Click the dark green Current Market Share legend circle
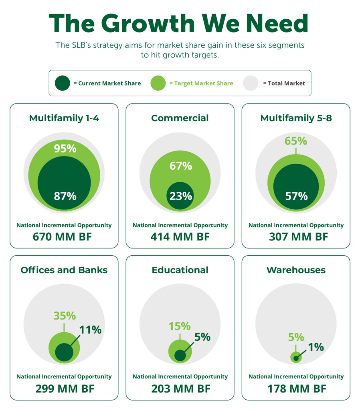63,83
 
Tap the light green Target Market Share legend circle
158,83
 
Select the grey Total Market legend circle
251,83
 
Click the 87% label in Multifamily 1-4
65,196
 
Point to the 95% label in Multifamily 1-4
65,149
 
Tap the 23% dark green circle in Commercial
180,196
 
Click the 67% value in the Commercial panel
180,166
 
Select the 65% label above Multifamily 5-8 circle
296,141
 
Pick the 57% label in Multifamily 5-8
296,196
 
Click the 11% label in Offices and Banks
90,330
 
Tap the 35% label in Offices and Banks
64,316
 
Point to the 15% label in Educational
180,326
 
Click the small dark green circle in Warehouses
296,358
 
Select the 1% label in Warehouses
316,347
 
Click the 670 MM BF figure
64,237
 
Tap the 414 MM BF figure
180,237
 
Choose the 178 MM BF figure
296,389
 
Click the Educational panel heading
180,270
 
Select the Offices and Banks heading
64,270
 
